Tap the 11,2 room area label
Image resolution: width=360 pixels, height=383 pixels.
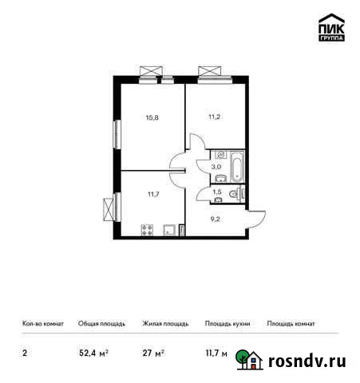pyautogui.click(x=213, y=116)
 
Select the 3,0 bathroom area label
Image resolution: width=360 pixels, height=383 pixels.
pyautogui.click(x=216, y=166)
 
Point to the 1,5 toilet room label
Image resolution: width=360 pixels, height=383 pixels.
pyautogui.click(x=217, y=191)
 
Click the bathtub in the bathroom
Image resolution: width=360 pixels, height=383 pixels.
pyautogui.click(x=237, y=166)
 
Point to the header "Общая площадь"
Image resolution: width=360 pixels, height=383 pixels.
pyautogui.click(x=101, y=325)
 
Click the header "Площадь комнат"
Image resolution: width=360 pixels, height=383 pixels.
pyautogui.click(x=291, y=325)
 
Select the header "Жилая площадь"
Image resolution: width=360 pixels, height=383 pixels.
pyautogui.click(x=165, y=325)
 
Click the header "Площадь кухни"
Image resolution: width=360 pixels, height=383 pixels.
pyautogui.click(x=227, y=325)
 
